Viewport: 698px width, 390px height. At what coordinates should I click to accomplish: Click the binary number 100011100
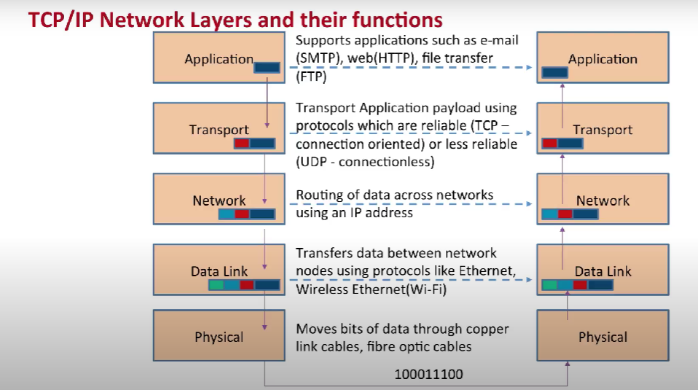click(428, 374)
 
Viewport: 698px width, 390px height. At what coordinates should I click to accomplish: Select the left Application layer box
click(219, 58)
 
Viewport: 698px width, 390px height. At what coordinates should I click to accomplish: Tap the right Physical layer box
click(603, 335)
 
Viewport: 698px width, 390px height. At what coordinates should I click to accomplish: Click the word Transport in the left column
click(219, 130)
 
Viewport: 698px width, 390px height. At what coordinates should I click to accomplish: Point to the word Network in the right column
click(603, 200)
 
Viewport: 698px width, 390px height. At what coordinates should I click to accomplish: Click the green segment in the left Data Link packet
click(216, 285)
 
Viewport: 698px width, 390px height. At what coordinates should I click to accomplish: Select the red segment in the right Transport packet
click(550, 144)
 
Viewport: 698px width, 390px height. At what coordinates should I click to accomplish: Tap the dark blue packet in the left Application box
click(267, 68)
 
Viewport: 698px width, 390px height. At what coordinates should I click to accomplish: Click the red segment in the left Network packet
click(242, 214)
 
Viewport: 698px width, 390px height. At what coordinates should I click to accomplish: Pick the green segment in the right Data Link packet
click(550, 285)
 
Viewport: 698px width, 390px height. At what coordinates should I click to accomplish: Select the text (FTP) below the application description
click(311, 77)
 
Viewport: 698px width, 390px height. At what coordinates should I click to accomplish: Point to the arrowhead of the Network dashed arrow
click(529, 204)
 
